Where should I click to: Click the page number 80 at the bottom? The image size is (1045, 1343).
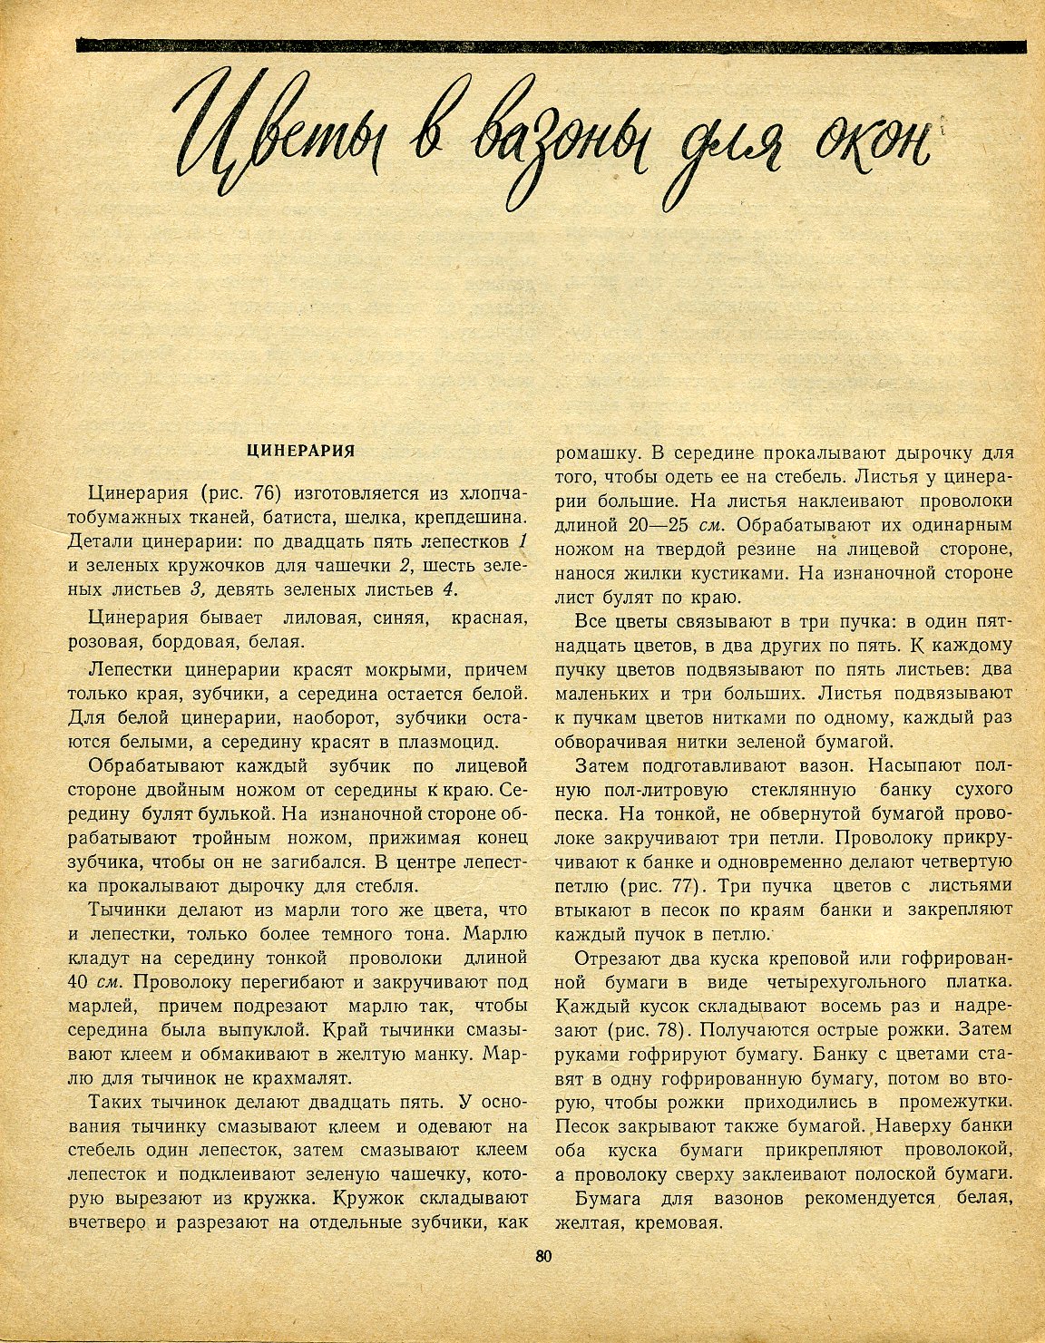544,1256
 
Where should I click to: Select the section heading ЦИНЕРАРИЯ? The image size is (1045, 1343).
301,450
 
